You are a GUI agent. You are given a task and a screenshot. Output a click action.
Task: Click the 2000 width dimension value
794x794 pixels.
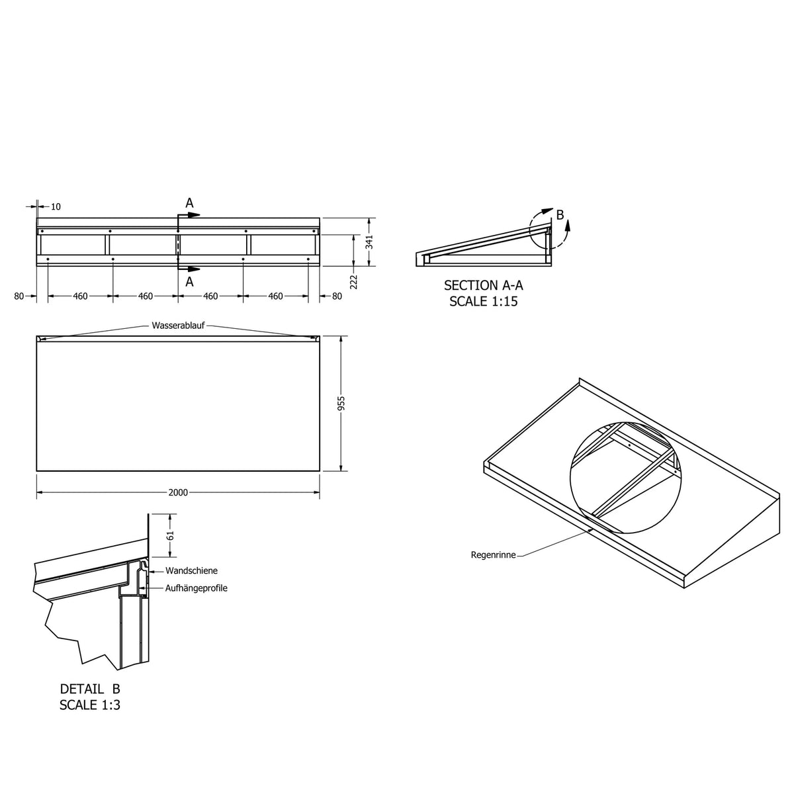click(x=178, y=492)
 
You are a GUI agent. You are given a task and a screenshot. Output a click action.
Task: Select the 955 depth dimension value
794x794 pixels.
click(x=341, y=404)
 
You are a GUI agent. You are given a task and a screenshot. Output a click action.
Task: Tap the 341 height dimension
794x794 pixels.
click(x=369, y=242)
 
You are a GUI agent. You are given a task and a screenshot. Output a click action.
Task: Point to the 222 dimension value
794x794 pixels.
click(x=353, y=282)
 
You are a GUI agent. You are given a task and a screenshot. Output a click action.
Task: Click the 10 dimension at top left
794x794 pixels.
click(x=56, y=206)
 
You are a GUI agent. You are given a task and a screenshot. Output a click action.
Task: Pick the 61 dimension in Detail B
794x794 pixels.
click(x=171, y=535)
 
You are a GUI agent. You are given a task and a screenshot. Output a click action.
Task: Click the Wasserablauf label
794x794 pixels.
click(x=178, y=326)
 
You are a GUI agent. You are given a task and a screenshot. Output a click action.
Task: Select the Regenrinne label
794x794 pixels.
click(x=493, y=555)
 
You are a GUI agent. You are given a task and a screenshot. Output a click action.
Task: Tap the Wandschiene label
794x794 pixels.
click(x=191, y=570)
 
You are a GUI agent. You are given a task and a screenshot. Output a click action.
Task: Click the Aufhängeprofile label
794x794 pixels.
click(x=196, y=588)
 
